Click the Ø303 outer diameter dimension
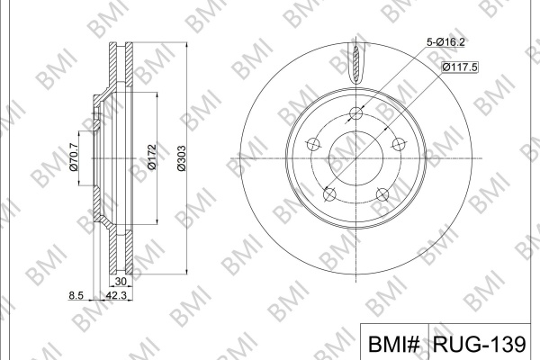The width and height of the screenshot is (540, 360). point(181,158)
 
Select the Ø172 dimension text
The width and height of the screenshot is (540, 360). point(152,157)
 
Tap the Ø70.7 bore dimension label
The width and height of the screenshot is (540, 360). point(74,157)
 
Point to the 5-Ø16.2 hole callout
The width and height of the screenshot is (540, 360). point(445,42)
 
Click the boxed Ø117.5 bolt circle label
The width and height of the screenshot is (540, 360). point(460,67)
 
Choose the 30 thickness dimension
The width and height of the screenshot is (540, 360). point(121,282)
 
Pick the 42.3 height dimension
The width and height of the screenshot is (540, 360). point(116,295)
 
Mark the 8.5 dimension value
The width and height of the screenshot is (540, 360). point(76,295)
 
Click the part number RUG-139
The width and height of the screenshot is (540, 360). point(480,344)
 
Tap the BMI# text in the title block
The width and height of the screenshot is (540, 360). point(394,344)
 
